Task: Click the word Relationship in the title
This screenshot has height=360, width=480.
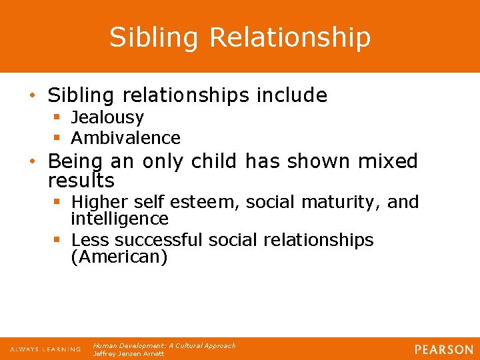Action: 290,38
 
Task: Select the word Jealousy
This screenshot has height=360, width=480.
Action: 107,118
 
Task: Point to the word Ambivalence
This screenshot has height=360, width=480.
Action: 125,138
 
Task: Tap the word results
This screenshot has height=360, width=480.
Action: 81,181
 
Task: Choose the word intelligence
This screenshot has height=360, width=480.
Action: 119,219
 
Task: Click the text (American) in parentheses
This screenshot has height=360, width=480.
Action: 119,257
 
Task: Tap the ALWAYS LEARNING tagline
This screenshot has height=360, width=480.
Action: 45,349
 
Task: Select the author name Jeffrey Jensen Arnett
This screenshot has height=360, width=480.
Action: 129,354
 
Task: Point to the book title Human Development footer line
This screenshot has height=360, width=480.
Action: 164,346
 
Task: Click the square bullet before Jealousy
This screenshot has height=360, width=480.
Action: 57,118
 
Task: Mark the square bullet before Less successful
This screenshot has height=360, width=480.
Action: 57,240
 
